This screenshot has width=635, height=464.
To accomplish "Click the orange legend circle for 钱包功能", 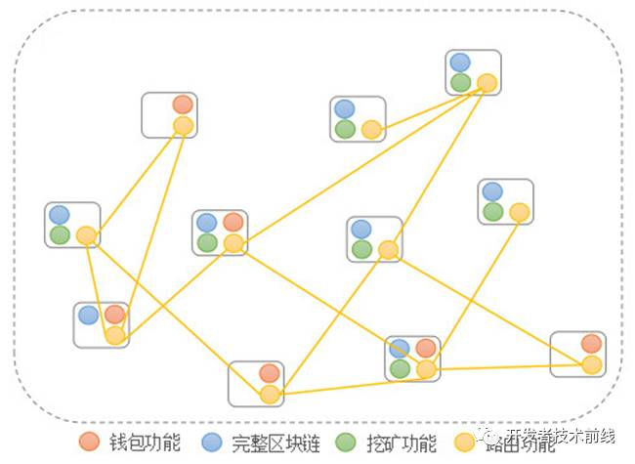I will pyautogui.click(x=89, y=442).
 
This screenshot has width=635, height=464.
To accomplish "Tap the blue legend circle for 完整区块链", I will pyautogui.click(x=211, y=442).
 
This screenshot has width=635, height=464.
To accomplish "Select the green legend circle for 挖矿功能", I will pyautogui.click(x=344, y=442).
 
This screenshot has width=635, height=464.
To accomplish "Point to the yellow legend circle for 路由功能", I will pyautogui.click(x=466, y=442).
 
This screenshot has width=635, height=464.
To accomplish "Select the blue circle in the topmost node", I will pyautogui.click(x=460, y=63).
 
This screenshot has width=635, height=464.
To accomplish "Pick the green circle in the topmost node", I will pyautogui.click(x=460, y=82).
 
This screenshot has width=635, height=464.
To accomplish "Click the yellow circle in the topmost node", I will pyautogui.click(x=487, y=83).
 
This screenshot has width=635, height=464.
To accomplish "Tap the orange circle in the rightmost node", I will pyautogui.click(x=591, y=343).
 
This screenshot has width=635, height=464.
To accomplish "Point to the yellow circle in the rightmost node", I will pyautogui.click(x=591, y=364).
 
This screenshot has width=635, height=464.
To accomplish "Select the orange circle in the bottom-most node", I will pyautogui.click(x=270, y=372).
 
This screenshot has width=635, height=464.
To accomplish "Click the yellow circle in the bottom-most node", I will pyautogui.click(x=270, y=394).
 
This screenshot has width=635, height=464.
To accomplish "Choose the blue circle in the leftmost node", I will pyautogui.click(x=60, y=214).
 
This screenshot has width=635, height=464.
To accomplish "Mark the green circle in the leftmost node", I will pyautogui.click(x=60, y=234).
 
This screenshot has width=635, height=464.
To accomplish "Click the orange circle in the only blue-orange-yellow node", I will pyautogui.click(x=115, y=315).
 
